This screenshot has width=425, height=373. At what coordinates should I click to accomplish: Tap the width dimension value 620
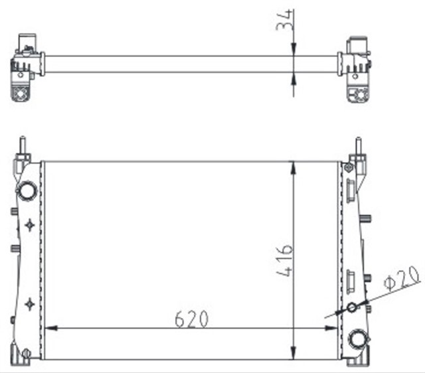click(191, 319)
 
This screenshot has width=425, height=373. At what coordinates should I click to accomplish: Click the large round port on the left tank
click(27, 191)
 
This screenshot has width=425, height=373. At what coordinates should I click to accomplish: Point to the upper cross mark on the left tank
click(29, 226)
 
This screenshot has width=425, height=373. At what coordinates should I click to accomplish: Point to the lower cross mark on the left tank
click(29, 304)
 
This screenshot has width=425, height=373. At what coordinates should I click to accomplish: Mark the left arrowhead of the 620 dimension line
click(48, 328)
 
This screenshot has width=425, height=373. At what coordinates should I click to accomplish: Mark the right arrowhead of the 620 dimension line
click(335, 328)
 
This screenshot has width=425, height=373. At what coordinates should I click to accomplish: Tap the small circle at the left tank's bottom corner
click(26, 352)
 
